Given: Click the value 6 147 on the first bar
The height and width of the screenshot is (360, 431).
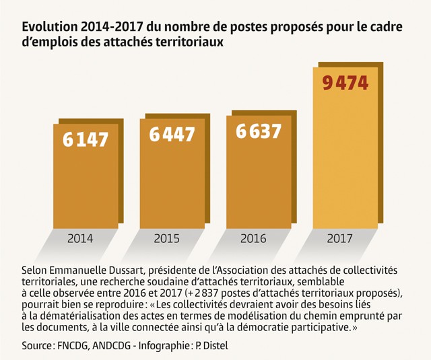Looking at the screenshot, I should pyautogui.click(x=86, y=139).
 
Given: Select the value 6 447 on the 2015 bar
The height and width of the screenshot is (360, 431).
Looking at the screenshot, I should pyautogui.click(x=172, y=135).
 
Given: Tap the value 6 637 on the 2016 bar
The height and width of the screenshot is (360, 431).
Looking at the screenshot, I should pyautogui.click(x=259, y=131).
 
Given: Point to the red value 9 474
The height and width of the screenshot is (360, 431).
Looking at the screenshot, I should pyautogui.click(x=345, y=83).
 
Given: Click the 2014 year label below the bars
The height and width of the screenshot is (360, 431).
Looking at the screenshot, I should pyautogui.click(x=81, y=239).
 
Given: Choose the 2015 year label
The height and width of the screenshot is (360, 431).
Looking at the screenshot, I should pyautogui.click(x=166, y=239).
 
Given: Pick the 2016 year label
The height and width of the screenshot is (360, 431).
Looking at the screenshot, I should pyautogui.click(x=253, y=239).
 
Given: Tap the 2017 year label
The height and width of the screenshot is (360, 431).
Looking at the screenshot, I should pyautogui.click(x=339, y=239).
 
